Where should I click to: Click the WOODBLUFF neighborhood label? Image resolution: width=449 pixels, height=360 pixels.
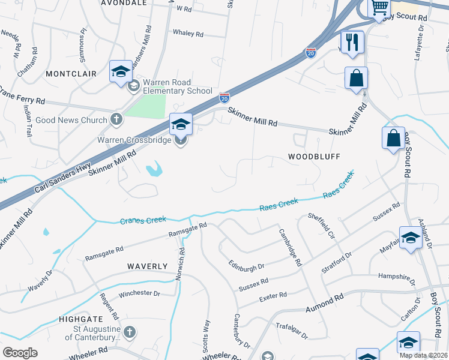pos(314,157)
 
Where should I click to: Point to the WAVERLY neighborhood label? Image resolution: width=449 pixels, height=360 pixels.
pos(147,266)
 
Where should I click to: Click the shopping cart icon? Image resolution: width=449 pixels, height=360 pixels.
pos(379,7)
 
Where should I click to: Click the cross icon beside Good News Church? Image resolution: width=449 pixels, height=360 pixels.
pos(116,120)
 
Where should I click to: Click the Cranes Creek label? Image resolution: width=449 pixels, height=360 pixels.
pos(143,220)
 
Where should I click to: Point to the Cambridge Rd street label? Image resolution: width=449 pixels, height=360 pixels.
pos(289,247)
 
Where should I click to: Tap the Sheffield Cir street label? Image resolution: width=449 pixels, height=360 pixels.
pos(321,225)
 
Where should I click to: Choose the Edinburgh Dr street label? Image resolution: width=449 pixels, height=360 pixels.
pos(246,265)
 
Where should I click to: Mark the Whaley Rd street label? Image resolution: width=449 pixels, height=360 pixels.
pos(188,33)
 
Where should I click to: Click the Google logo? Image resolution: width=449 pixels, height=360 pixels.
pos(20,352)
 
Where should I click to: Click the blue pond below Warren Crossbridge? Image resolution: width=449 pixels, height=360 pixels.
pos(154,170)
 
